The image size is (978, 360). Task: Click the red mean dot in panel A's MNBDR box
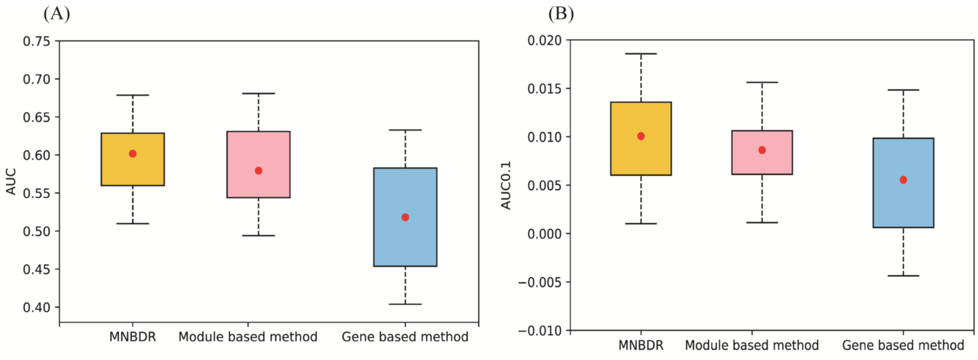pyautogui.click(x=133, y=154)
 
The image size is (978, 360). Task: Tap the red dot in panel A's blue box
pyautogui.click(x=405, y=217)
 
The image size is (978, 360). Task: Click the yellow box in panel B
pyautogui.click(x=641, y=139)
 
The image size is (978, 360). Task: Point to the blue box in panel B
pyautogui.click(x=903, y=183)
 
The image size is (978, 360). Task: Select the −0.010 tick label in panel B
pyautogui.click(x=539, y=331)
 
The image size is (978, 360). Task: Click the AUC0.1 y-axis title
pyautogui.click(x=506, y=185)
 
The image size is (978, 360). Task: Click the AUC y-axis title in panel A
pyautogui.click(x=12, y=181)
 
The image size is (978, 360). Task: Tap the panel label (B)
pyautogui.click(x=561, y=14)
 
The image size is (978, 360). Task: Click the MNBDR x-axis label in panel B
pyautogui.click(x=641, y=346)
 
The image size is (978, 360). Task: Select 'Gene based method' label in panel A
pyautogui.click(x=405, y=337)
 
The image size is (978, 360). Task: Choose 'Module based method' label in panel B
pyautogui.click(x=752, y=346)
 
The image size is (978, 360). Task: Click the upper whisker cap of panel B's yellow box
pyautogui.click(x=641, y=54)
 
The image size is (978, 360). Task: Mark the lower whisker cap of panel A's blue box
pyautogui.click(x=405, y=304)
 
